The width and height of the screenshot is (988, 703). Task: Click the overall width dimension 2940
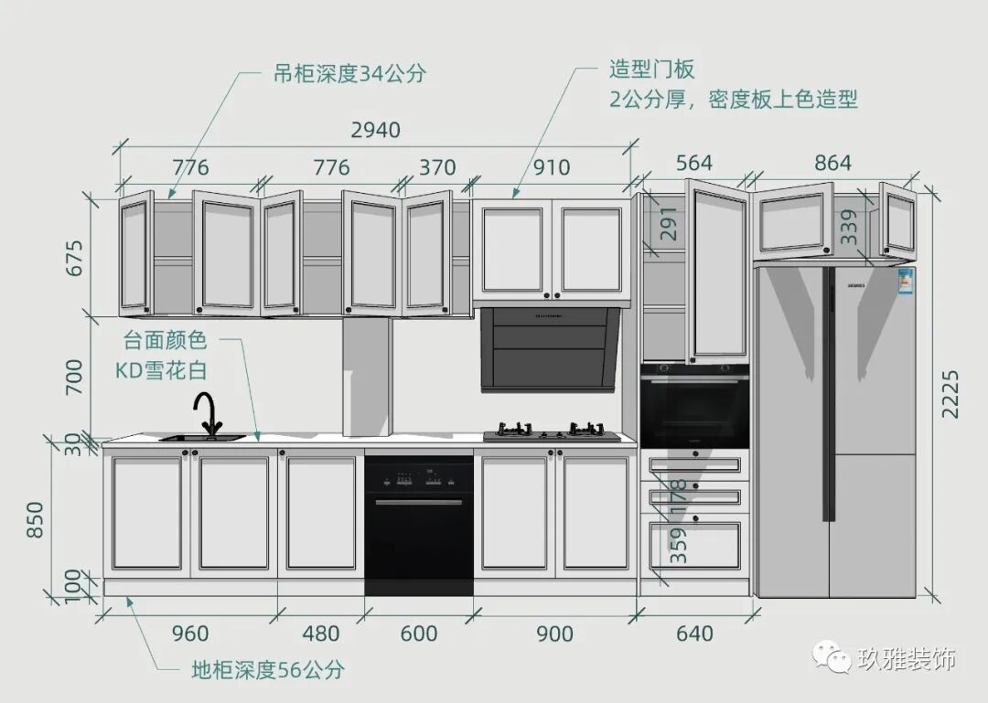(x=376, y=130)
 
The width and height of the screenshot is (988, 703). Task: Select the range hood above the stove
(x=550, y=348)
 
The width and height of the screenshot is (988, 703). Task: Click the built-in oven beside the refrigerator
(x=694, y=406)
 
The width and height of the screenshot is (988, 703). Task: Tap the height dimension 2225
(x=950, y=394)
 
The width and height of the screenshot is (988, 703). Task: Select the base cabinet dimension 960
(x=189, y=634)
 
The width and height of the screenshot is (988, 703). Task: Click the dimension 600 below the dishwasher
(x=419, y=634)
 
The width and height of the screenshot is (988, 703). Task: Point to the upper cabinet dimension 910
(x=551, y=167)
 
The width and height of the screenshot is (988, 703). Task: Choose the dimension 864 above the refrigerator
(x=832, y=164)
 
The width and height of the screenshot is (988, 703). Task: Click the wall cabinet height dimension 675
(x=75, y=258)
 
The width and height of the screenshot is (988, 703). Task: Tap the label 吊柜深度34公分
(x=349, y=74)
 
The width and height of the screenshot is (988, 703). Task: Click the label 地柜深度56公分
(x=268, y=670)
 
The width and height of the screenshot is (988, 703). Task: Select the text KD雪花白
(x=161, y=370)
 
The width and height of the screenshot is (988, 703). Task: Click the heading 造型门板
(x=652, y=69)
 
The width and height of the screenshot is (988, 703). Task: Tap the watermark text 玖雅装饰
(x=907, y=659)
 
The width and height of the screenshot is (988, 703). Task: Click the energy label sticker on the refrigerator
(x=906, y=281)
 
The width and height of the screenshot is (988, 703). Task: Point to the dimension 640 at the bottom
(x=694, y=634)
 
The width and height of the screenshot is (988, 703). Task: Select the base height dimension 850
(x=35, y=519)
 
